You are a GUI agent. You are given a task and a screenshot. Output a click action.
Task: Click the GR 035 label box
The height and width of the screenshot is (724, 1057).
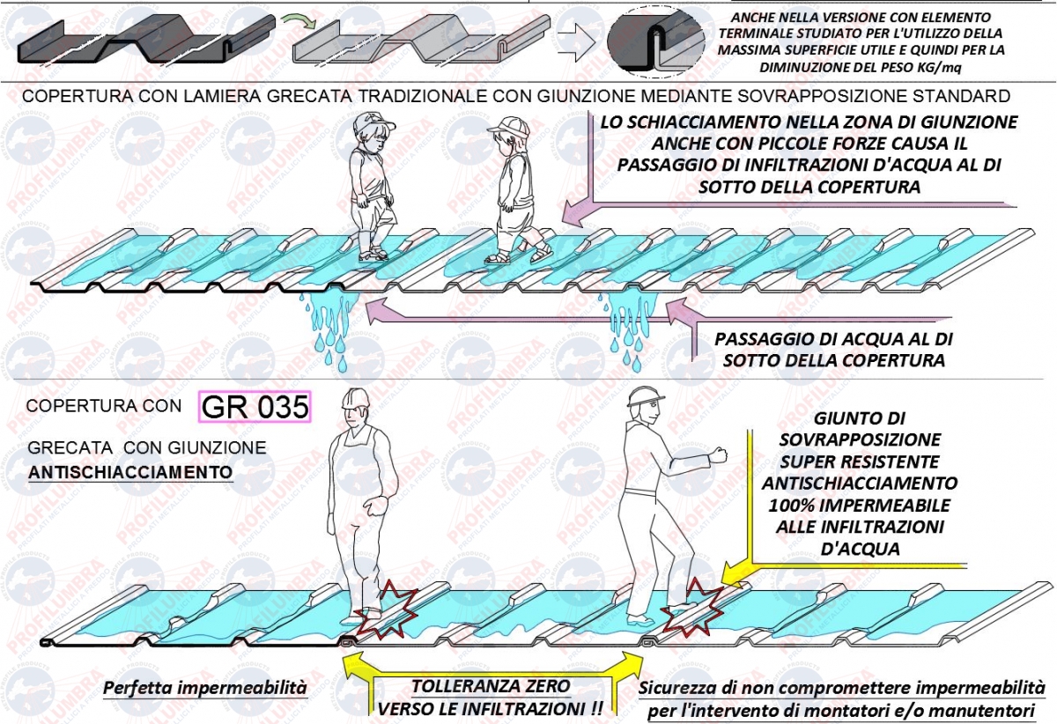coord(255,406)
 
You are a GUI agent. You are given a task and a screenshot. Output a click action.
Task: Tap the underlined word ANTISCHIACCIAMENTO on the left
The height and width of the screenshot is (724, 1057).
coord(130,472)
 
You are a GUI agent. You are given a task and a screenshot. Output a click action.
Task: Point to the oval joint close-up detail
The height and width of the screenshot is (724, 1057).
coord(656,42)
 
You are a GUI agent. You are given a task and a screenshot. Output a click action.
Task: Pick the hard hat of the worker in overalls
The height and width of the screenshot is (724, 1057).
coord(356,399)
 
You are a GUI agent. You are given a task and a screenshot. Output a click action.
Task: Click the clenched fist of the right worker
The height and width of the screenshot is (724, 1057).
coord(717,454)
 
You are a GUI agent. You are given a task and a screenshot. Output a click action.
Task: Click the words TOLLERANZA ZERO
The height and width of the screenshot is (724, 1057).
coord(491,686)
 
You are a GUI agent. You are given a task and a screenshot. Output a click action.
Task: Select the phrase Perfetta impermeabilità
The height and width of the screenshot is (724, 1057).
coord(204,687)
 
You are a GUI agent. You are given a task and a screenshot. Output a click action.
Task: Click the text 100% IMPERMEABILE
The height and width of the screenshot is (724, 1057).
coord(860,505)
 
